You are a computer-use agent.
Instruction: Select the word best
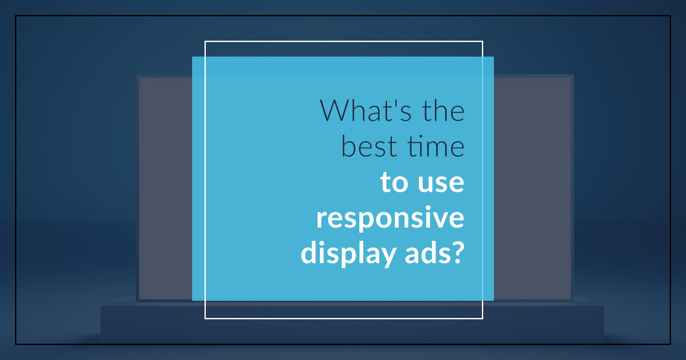369,146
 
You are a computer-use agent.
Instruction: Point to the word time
436,146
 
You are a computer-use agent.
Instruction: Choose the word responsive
390,218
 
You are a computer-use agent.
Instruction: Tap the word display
349,253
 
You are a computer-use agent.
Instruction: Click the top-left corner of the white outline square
205,41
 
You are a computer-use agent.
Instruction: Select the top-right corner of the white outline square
483,41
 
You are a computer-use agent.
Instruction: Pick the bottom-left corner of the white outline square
205,319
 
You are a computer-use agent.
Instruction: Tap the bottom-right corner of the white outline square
483,319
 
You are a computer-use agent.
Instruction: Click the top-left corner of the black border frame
15,15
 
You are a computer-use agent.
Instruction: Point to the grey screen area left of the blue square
165,188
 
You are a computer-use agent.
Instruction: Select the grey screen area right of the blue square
532,188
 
